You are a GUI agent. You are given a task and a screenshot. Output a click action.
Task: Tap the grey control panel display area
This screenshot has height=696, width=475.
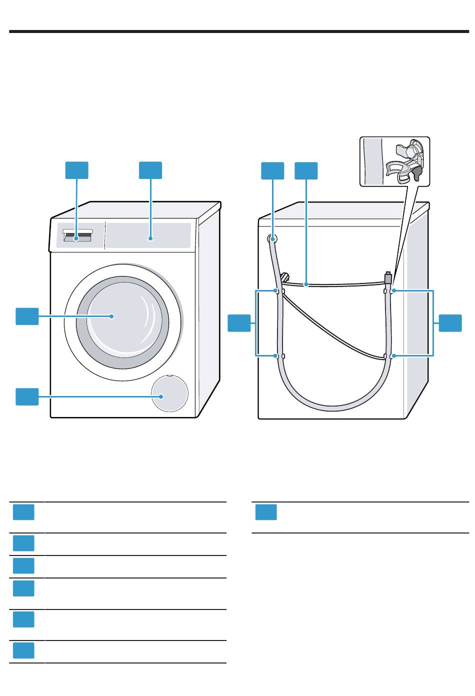tap(148, 235)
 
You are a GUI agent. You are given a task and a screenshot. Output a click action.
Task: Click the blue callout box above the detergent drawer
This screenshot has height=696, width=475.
tap(77, 170)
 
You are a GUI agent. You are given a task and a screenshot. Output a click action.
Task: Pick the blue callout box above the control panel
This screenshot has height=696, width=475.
tap(150, 170)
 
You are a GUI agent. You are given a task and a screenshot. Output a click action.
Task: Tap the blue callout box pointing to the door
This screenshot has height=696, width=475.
tap(27, 316)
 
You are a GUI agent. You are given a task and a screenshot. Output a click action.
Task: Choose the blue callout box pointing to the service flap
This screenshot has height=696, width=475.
tap(27, 396)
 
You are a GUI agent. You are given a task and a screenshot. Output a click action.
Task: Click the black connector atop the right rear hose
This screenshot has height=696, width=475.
tap(388, 276)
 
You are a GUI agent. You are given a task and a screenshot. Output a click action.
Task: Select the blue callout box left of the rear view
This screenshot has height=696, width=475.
tap(239, 323)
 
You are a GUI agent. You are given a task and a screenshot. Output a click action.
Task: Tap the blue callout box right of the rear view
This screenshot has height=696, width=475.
tap(450, 323)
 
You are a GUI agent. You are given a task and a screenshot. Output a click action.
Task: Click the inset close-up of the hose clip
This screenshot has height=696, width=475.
tap(395, 161)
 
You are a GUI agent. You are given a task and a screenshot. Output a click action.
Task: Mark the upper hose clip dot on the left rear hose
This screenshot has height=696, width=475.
tap(276, 290)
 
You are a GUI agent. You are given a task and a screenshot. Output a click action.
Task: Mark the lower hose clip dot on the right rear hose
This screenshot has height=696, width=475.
tap(393, 356)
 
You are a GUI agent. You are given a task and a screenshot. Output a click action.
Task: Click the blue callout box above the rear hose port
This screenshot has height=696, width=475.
tap(272, 170)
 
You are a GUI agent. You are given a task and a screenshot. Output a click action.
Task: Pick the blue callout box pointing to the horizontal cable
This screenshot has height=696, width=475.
tap(306, 170)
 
